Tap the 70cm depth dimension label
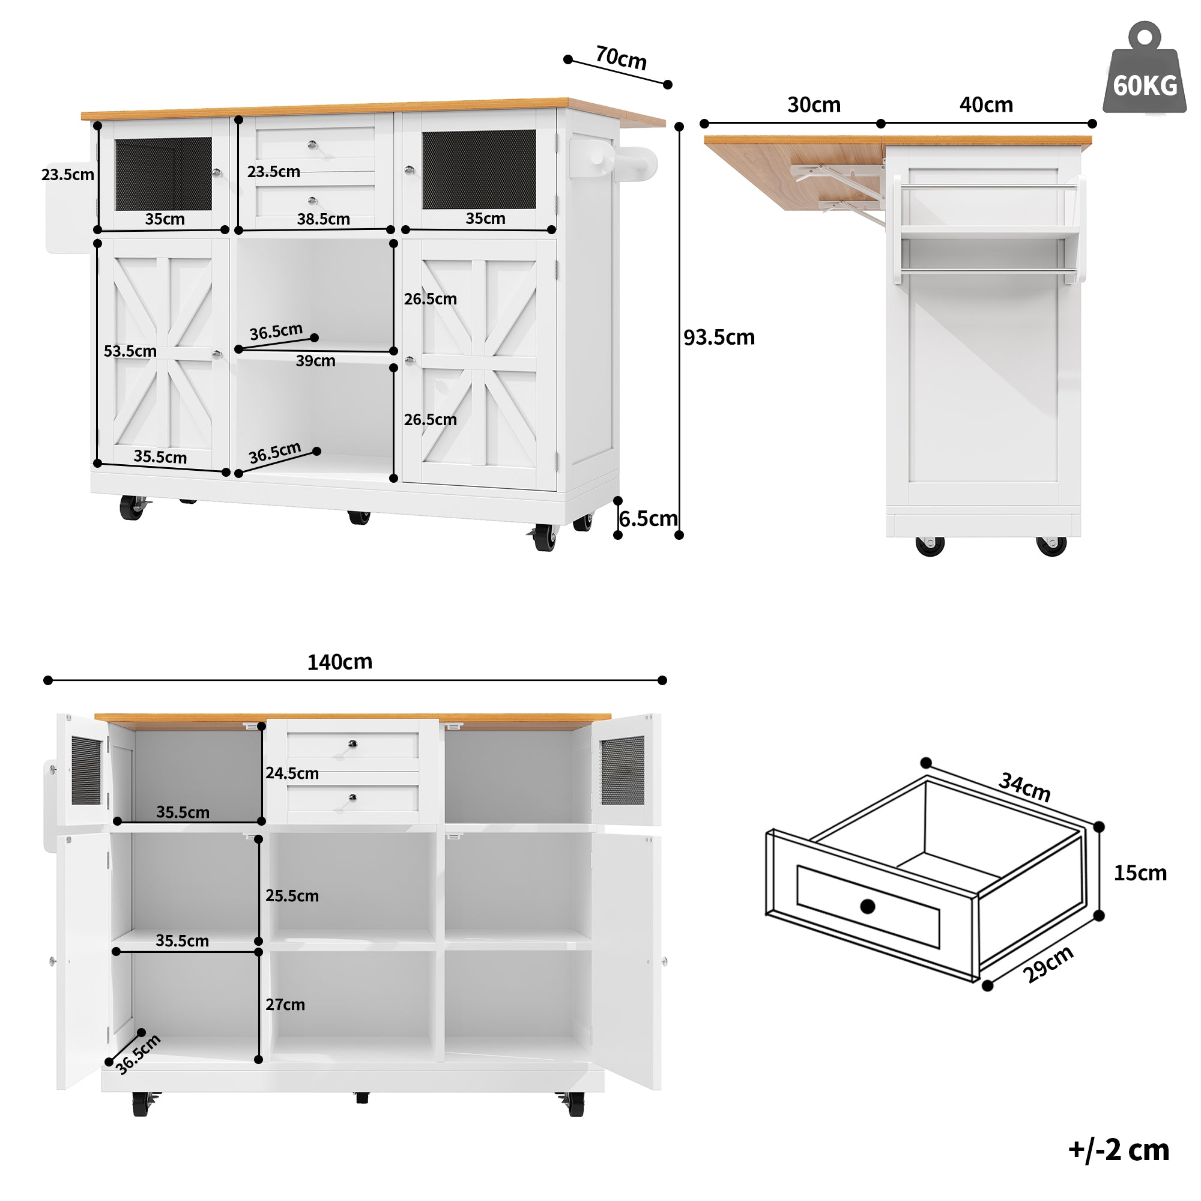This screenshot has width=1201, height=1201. pyautogui.click(x=620, y=58)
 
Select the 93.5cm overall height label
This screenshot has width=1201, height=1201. pyautogui.click(x=719, y=337)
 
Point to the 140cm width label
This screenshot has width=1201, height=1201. pyautogui.click(x=339, y=661)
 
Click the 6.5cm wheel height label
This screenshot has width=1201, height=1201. pyautogui.click(x=648, y=518)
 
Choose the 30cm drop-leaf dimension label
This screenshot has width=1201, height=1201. pyautogui.click(x=814, y=104)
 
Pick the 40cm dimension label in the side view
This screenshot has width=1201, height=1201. pyautogui.click(x=985, y=104)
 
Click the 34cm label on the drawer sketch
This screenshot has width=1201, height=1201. pyautogui.click(x=1024, y=787)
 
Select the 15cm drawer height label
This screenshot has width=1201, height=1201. pyautogui.click(x=1140, y=873)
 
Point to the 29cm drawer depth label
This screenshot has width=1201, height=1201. pyautogui.click(x=1048, y=964)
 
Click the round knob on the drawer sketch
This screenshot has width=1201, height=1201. pyautogui.click(x=867, y=906)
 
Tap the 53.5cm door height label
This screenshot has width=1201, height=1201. pyautogui.click(x=130, y=351)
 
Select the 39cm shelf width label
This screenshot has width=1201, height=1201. pyautogui.click(x=315, y=360)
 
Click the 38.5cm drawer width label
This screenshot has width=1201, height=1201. pyautogui.click(x=323, y=219)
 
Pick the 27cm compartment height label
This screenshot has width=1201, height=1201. pyautogui.click(x=285, y=1005)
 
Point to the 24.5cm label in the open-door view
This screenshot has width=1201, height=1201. pyautogui.click(x=292, y=773)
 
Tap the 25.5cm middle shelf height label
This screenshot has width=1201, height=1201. pyautogui.click(x=292, y=895)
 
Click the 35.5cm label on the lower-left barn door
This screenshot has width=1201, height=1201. pyautogui.click(x=160, y=457)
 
